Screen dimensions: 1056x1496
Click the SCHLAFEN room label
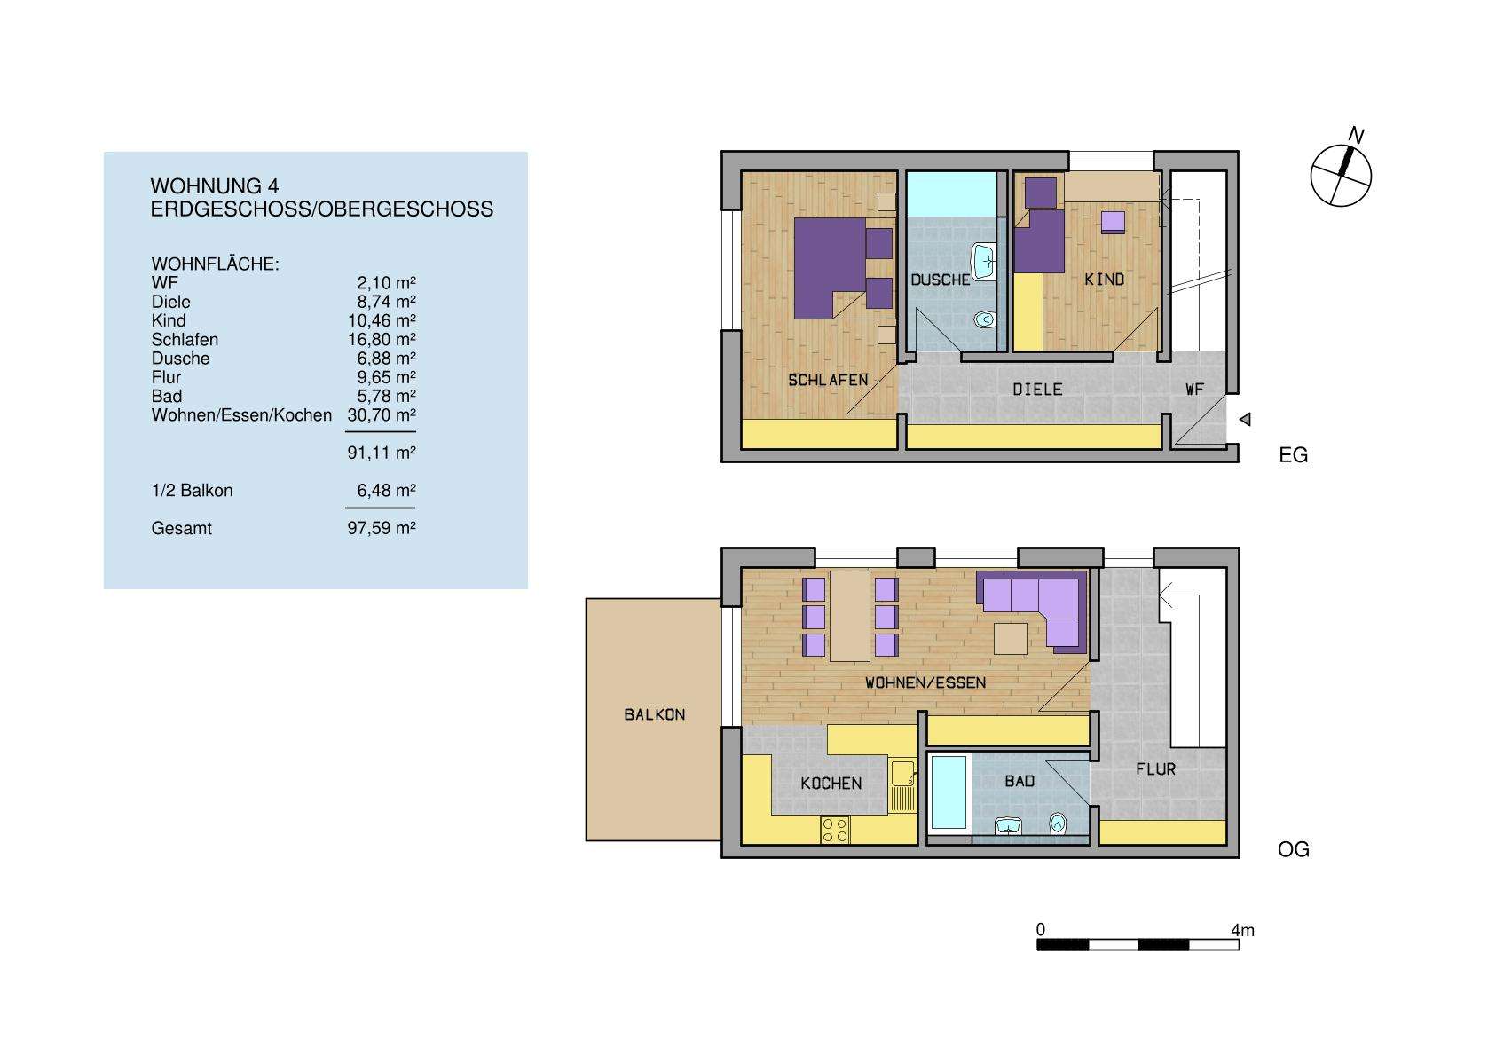(x=827, y=380)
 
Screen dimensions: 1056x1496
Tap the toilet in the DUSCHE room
(x=983, y=319)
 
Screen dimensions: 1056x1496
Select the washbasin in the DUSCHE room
(x=986, y=261)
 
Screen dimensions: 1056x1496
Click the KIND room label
(x=1104, y=280)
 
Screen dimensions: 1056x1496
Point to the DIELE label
(x=1037, y=389)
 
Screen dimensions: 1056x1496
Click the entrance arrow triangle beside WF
(x=1245, y=420)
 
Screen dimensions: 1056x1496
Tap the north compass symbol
(x=1341, y=173)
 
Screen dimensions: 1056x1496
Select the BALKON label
(x=654, y=714)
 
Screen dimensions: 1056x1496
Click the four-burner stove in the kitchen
(x=214, y=829)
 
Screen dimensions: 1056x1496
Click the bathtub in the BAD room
(x=948, y=792)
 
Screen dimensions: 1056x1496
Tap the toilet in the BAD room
(x=1057, y=824)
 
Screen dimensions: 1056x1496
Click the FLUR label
(x=1155, y=769)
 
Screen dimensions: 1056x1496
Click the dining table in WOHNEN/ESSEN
(x=849, y=616)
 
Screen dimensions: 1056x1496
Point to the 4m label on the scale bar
(x=1242, y=930)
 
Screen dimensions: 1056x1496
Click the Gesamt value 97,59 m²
(x=382, y=528)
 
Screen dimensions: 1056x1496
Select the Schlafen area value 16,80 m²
(x=382, y=339)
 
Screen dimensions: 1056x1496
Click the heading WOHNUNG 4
(x=214, y=186)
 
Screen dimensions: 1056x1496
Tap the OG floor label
(x=1293, y=849)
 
